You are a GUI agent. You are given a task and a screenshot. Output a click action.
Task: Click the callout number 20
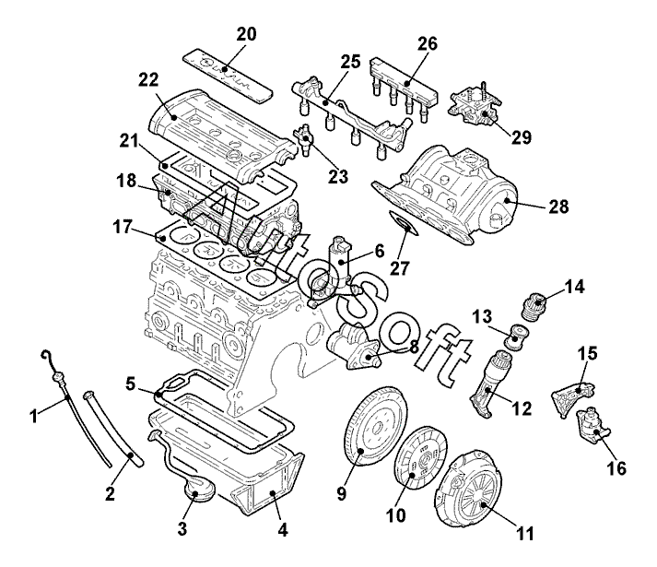[246, 34]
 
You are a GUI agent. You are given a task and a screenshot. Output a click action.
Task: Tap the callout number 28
[558, 207]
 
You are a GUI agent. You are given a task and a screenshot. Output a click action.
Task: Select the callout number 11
[525, 534]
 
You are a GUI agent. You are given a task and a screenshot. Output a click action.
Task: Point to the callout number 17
[123, 227]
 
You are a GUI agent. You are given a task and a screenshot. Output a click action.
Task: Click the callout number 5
[131, 383]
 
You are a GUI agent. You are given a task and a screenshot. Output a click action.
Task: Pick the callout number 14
[574, 287]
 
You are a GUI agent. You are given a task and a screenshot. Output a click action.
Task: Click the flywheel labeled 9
[375, 426]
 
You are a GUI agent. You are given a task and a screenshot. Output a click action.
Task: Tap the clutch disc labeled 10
[421, 456]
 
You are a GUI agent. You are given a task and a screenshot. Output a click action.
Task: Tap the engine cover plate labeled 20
[229, 75]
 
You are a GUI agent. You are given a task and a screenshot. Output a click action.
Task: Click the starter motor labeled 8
[353, 348]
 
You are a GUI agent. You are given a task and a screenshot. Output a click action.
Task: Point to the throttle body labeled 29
[475, 105]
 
